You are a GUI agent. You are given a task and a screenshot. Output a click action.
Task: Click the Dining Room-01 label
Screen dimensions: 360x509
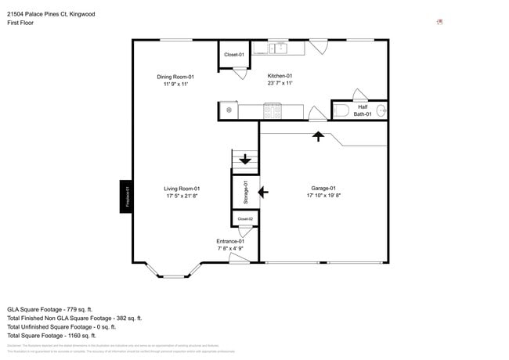click(x=175, y=77)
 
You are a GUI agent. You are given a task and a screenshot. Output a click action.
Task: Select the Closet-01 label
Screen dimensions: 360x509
click(x=234, y=55)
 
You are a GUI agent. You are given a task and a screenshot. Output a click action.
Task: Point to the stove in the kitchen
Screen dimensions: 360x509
click(x=272, y=111)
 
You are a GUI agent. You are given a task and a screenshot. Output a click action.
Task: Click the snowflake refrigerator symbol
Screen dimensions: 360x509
click(x=229, y=110)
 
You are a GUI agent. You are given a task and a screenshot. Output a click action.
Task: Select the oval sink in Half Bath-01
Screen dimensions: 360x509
click(x=381, y=110)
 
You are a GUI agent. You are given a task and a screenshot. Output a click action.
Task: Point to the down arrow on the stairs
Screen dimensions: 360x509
click(x=246, y=160)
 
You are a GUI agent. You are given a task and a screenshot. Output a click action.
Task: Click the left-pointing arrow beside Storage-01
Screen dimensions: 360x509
click(x=262, y=191)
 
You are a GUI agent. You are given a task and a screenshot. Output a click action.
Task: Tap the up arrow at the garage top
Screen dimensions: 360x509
click(x=318, y=136)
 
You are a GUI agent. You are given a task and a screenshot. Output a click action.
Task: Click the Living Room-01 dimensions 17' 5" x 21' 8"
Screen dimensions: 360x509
click(x=182, y=196)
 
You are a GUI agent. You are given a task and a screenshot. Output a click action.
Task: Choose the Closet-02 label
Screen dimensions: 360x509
click(x=245, y=218)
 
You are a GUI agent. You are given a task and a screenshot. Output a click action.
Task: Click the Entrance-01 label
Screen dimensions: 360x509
click(x=231, y=241)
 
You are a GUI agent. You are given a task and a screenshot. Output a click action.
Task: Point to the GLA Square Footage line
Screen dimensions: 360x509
click(x=49, y=310)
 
